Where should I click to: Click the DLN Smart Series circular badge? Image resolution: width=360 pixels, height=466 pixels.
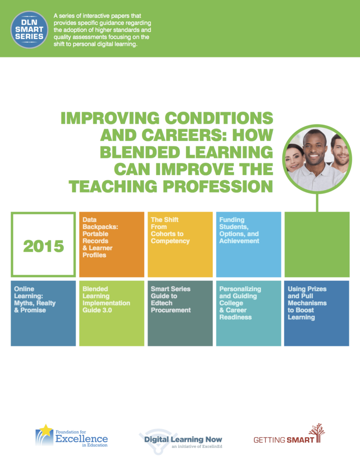click(x=29, y=30)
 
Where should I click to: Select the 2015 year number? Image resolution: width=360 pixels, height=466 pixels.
click(x=43, y=246)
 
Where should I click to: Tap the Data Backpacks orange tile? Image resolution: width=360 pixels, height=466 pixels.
click(x=112, y=244)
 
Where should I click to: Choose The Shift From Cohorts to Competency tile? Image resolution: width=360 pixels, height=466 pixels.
click(x=180, y=244)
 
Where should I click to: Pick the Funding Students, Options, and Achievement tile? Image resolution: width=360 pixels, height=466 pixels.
click(x=248, y=244)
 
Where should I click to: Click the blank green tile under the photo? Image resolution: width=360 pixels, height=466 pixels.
click(x=317, y=244)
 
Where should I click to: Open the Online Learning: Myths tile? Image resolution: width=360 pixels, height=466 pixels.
click(x=43, y=313)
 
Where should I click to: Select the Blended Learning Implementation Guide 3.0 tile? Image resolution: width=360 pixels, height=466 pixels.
click(x=112, y=313)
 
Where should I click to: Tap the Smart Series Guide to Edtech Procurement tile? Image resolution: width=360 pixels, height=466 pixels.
click(x=180, y=313)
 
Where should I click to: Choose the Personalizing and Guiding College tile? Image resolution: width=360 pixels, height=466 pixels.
click(x=248, y=313)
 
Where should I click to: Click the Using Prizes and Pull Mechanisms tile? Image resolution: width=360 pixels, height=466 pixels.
click(x=317, y=313)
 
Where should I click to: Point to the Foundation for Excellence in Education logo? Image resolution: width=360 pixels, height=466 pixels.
click(x=71, y=436)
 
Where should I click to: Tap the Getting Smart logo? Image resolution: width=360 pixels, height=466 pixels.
click(x=289, y=434)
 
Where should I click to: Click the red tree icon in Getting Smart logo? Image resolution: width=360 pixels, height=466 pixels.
click(x=317, y=433)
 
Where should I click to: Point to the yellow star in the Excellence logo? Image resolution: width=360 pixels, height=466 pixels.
click(x=46, y=430)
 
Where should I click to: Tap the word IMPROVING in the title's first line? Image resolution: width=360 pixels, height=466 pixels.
click(x=110, y=118)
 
